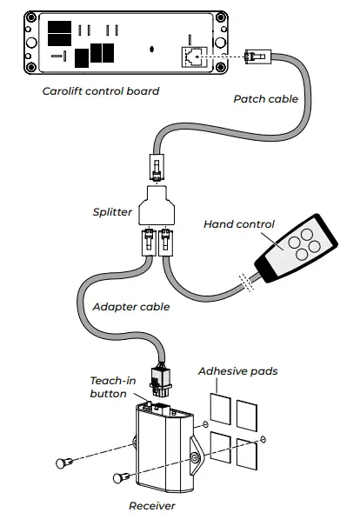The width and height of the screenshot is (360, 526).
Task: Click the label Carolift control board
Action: pyautogui.click(x=100, y=90)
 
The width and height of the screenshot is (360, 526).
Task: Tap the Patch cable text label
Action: pyautogui.click(x=266, y=99)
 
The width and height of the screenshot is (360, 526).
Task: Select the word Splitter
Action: pyautogui.click(x=112, y=211)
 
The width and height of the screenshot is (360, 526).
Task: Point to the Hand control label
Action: pyautogui.click(x=237, y=223)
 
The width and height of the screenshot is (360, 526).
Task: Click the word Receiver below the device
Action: pyautogui.click(x=152, y=505)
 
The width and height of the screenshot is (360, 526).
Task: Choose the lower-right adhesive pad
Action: pyautogui.click(x=249, y=449)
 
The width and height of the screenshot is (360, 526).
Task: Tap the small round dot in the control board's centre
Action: pyautogui.click(x=153, y=50)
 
